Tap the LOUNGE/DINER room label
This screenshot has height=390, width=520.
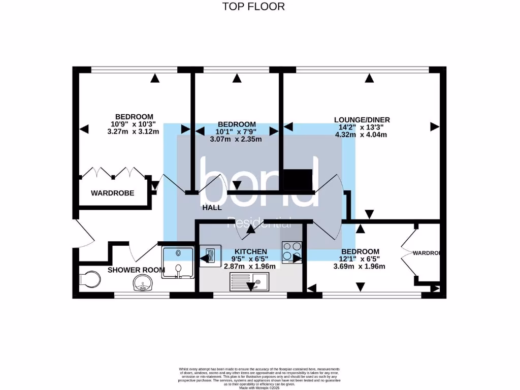pos(362,120)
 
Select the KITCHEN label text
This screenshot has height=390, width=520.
pos(250,251)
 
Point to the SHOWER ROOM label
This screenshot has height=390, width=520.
pos(136,270)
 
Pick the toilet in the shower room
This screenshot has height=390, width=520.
pos(90,279)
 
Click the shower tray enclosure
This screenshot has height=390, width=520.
pos(178,263)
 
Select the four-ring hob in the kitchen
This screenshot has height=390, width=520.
pos(291,252)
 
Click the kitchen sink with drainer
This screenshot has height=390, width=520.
pos(251,280)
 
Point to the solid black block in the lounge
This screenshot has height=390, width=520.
pos(298,179)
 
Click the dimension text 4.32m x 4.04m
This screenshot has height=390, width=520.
pos(362,135)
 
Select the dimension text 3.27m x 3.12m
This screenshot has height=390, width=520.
pos(134,132)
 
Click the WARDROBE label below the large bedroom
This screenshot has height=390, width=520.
pos(112,193)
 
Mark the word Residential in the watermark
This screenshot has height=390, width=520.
pos(259,222)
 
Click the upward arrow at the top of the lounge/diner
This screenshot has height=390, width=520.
pos(369,78)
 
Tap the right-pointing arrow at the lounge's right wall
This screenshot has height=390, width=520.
pos(434,126)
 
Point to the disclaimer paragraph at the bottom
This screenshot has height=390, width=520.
pos(259,377)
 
